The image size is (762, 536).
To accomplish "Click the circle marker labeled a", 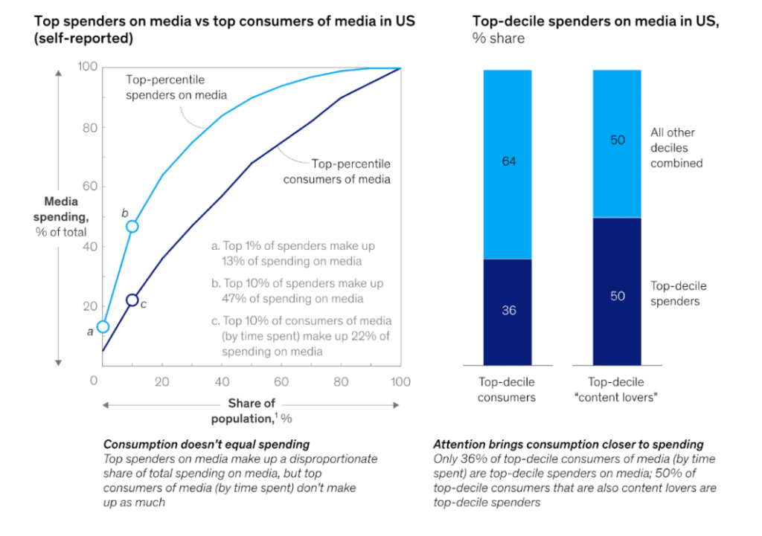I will coord(103,326).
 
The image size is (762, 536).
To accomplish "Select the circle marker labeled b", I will coord(132,226).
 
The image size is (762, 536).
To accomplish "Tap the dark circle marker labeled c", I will coord(132,300).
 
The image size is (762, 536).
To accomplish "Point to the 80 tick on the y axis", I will coord(89,127).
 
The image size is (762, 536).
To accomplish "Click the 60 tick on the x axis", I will coord(282,382).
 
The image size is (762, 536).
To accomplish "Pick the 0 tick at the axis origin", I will coord(94,381).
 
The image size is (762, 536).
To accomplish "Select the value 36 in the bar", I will coord(508,310).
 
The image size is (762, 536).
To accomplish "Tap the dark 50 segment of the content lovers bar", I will coord(617,296).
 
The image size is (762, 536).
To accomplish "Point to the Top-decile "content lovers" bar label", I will coord(617,390).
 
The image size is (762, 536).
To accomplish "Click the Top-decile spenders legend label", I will coord(679,294).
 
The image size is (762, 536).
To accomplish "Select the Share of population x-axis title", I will coord(252,411).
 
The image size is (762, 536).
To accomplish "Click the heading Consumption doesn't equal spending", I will coord(206,445).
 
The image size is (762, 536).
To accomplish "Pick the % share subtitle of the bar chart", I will coord(498,38).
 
